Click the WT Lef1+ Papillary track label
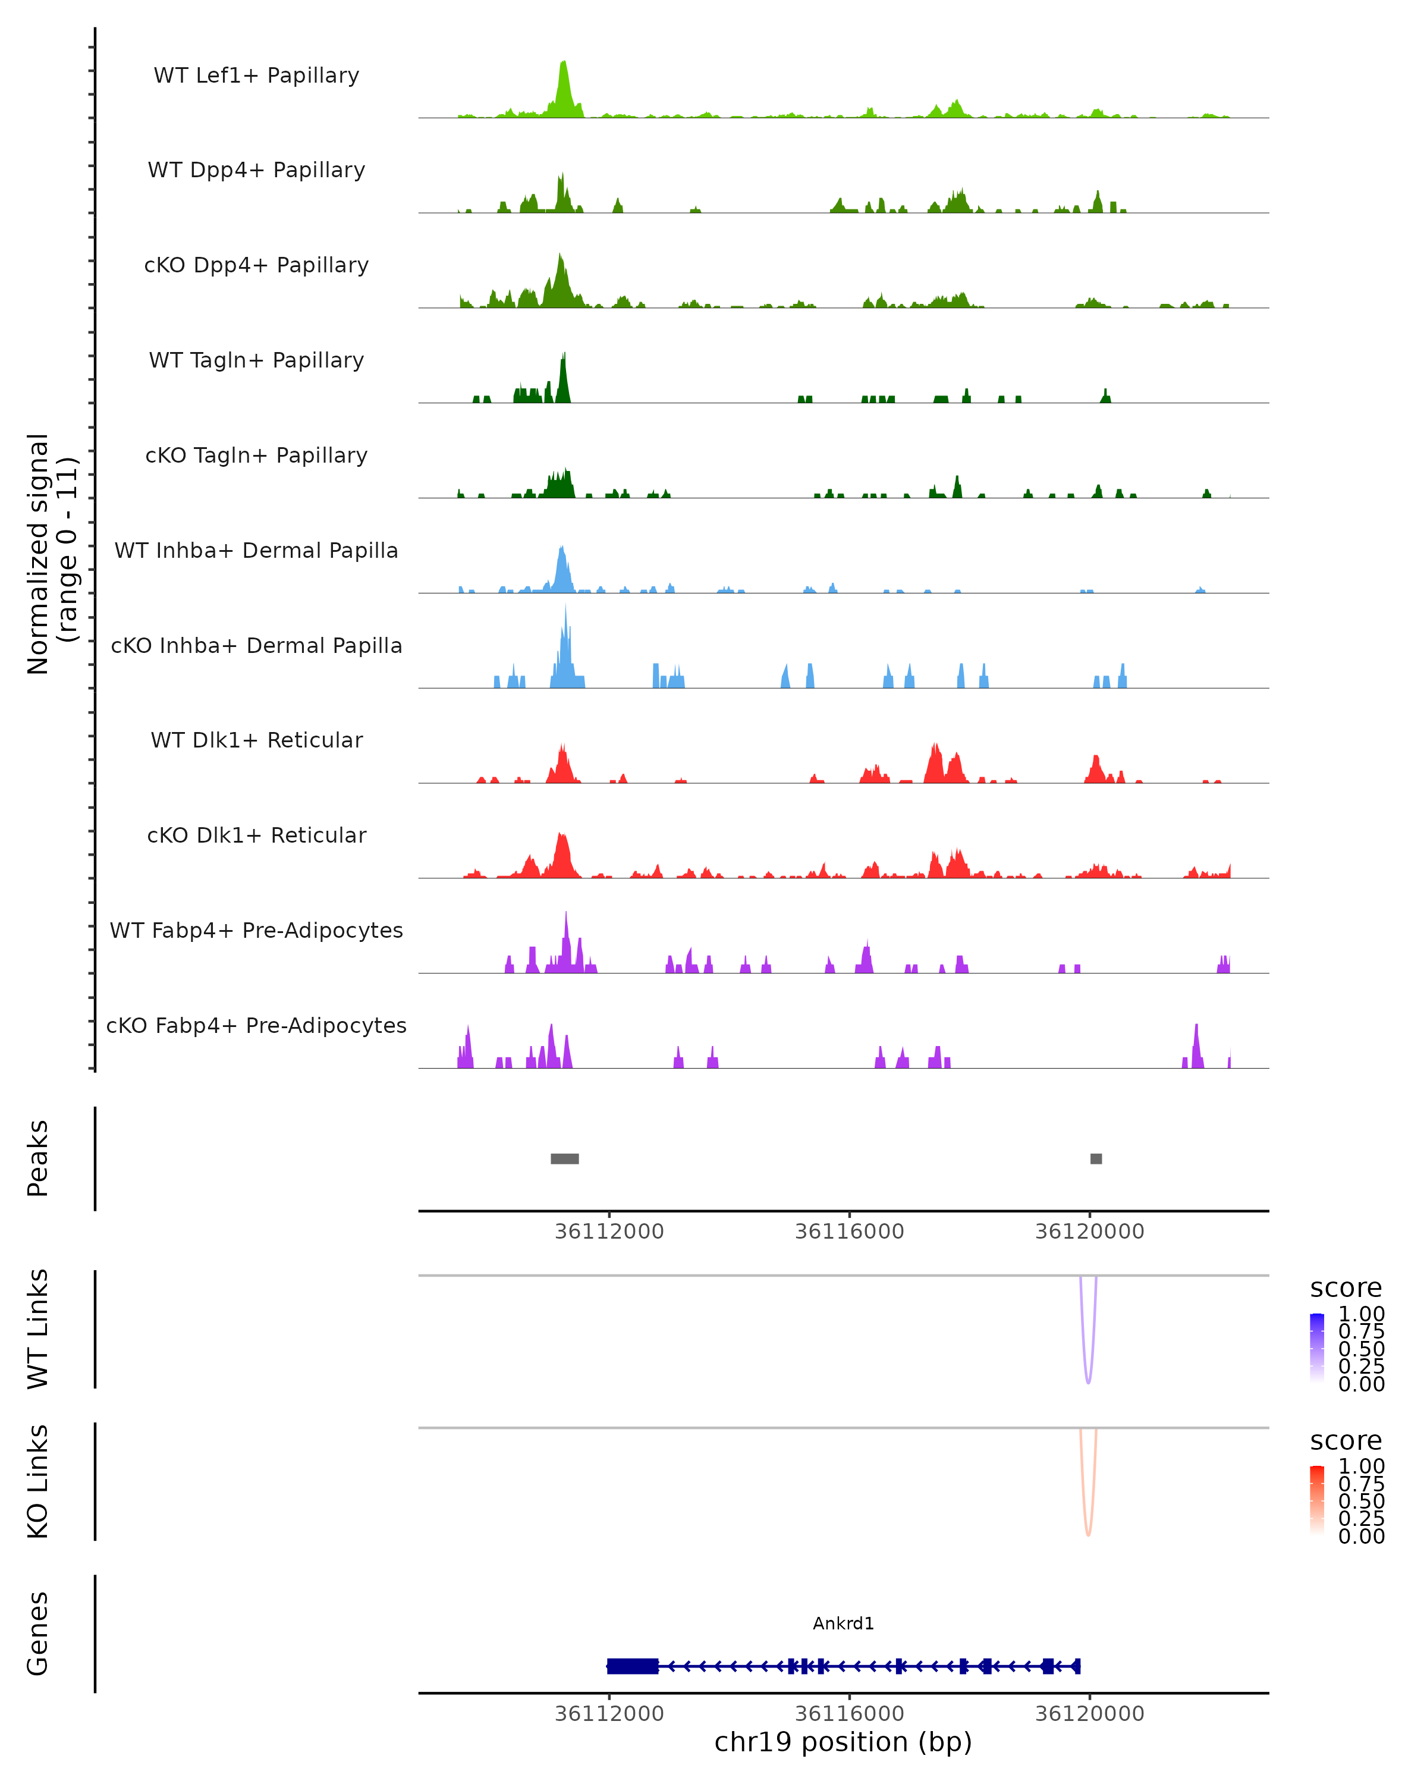256,76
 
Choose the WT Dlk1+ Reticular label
256,740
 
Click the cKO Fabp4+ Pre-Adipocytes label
256,1025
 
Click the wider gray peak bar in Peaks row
565,1158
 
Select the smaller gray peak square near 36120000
1096,1158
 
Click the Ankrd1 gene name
843,1623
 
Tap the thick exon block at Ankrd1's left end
633,1666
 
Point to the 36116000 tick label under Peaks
850,1232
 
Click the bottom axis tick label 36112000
609,1714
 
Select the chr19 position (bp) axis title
843,1742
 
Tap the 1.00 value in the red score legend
1362,1467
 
